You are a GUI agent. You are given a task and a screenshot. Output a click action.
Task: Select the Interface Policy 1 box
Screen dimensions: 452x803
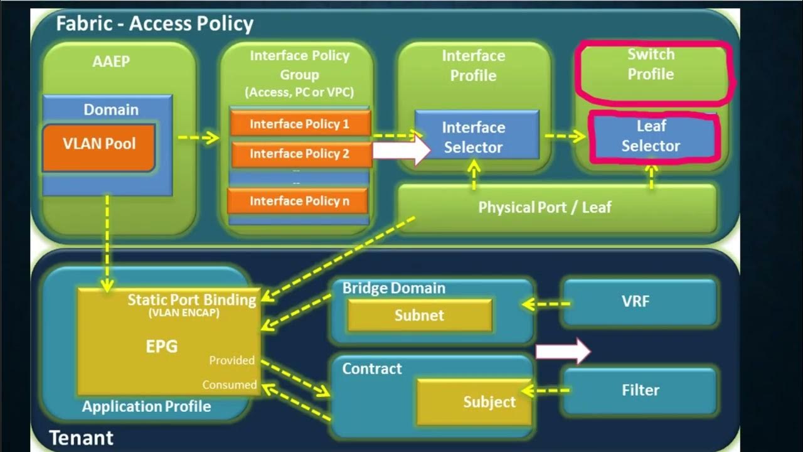pos(300,124)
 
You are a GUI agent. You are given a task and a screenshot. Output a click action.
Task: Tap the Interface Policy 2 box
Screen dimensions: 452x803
pos(300,154)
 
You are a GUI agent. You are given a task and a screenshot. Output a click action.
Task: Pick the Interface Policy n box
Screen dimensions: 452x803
pos(299,201)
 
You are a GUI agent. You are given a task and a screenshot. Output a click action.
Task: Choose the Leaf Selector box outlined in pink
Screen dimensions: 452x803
pos(651,136)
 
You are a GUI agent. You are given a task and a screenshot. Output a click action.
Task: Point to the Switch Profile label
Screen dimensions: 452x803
pos(651,64)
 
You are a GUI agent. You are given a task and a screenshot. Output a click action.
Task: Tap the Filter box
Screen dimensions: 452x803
pos(640,390)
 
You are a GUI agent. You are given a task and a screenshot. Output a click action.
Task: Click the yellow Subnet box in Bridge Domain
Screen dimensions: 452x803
pos(419,315)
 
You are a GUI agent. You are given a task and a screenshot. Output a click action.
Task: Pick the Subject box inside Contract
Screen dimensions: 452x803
pos(476,402)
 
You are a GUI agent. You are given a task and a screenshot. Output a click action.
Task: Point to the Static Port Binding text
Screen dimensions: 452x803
pos(191,299)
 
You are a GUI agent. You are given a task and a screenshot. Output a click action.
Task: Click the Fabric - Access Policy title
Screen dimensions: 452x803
pos(154,24)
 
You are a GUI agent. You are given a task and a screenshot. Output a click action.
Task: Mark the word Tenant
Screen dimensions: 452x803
pos(81,438)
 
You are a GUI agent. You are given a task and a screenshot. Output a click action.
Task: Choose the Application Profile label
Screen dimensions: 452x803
pos(146,406)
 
